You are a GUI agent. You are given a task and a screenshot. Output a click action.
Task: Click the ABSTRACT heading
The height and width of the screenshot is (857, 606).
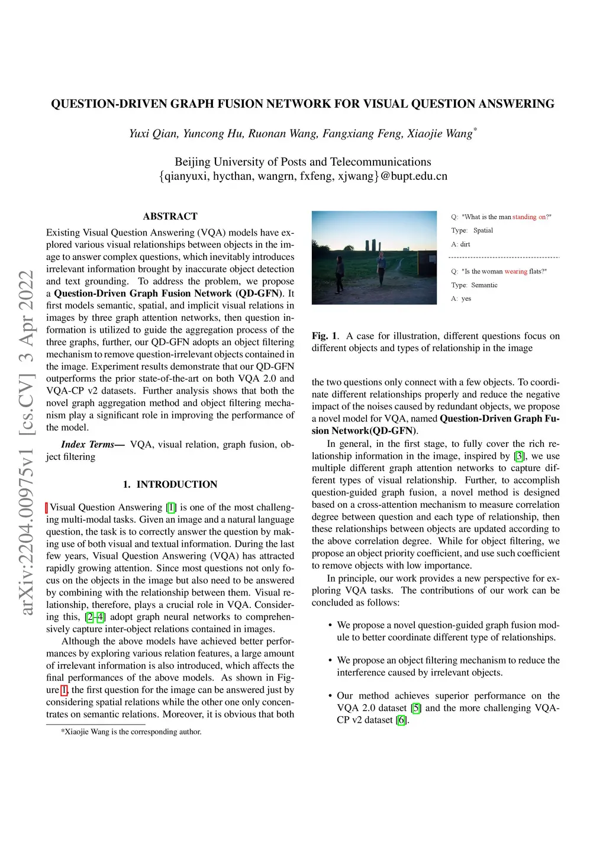point(170,217)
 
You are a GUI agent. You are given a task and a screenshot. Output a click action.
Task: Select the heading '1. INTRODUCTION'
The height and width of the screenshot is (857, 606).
point(170,485)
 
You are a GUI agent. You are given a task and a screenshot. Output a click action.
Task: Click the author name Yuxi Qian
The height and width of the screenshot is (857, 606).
point(153,134)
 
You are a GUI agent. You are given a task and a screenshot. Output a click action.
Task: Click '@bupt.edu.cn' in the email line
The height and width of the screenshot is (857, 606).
point(414,176)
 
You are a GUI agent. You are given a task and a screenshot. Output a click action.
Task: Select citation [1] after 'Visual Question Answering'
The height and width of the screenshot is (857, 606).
point(171,508)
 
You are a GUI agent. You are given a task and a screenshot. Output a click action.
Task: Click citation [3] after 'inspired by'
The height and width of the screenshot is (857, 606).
point(519,456)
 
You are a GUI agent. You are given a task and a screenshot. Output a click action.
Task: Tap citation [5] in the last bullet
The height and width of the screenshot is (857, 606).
point(416,708)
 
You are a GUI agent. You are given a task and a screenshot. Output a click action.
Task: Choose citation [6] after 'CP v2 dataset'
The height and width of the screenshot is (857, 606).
point(402,720)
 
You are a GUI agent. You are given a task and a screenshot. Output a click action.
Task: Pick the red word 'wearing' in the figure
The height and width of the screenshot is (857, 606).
point(515,272)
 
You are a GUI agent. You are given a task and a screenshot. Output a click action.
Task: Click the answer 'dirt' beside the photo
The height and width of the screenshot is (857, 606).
point(465,244)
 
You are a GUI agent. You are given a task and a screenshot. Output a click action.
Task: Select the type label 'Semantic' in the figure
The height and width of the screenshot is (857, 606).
point(484,285)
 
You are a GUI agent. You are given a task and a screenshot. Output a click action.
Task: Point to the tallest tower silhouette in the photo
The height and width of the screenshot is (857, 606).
point(374,245)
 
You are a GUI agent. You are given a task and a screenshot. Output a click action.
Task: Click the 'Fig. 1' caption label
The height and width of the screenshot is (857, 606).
point(324,336)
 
